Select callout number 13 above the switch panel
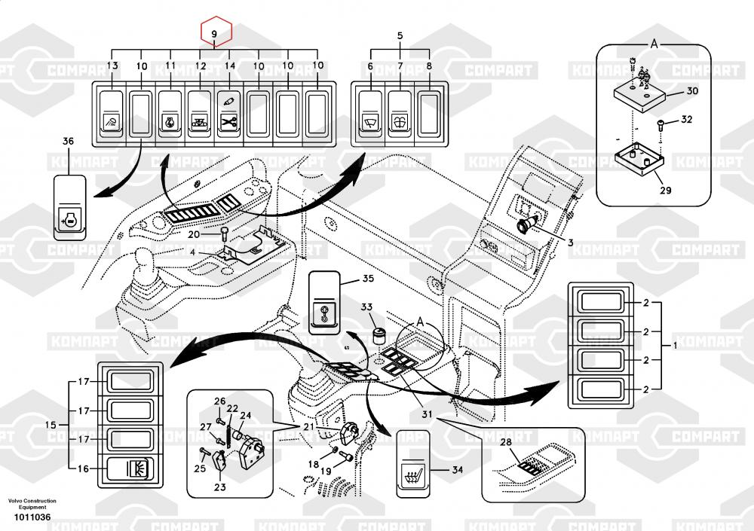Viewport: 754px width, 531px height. click(112, 66)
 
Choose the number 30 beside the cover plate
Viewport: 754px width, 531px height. click(692, 92)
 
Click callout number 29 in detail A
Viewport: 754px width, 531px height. click(665, 190)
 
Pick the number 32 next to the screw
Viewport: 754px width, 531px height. click(686, 120)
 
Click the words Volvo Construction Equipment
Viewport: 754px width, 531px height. click(32, 504)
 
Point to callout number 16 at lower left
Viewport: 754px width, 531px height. click(82, 468)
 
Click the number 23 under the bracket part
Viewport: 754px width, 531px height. click(219, 487)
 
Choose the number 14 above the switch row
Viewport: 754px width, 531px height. click(230, 66)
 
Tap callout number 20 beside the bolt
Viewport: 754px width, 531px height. click(195, 234)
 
